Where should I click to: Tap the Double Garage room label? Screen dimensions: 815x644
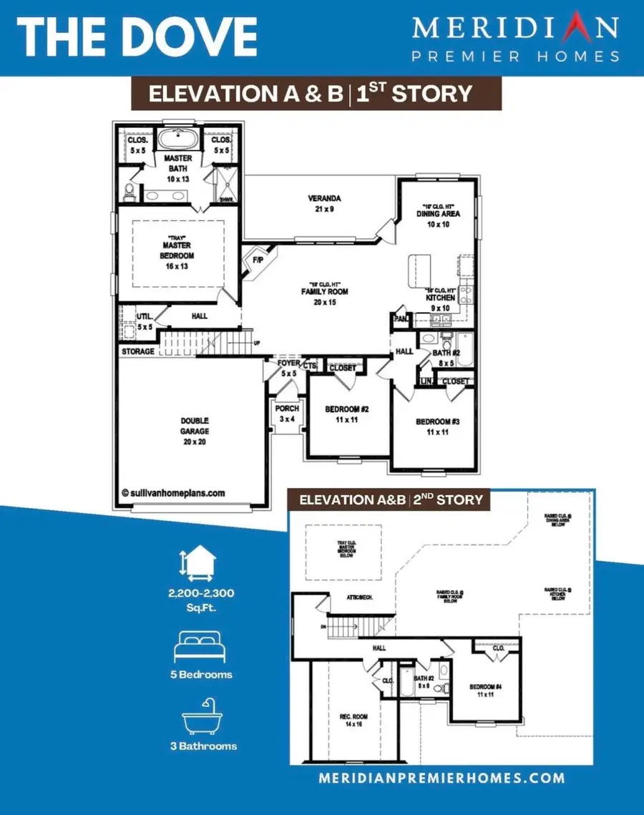point(195,426)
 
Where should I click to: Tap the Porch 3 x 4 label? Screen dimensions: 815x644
point(287,413)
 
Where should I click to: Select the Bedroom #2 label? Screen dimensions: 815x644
point(346,414)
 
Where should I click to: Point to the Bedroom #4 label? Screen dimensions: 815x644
point(487,690)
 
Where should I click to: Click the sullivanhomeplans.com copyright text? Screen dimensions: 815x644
point(173,493)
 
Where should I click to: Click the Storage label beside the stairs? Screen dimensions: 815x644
point(138,351)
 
